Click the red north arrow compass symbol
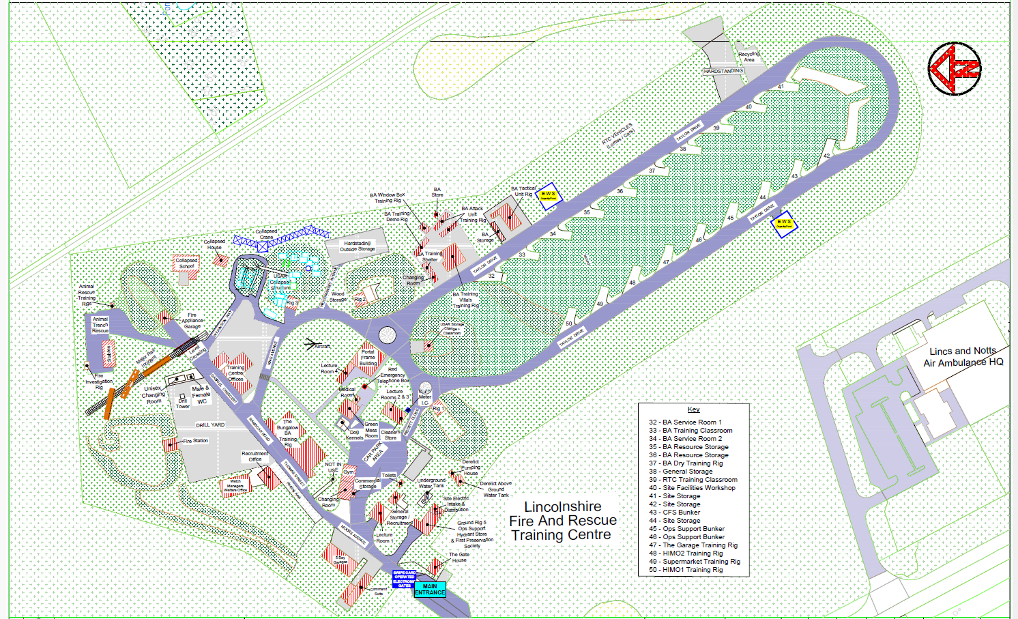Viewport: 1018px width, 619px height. (x=955, y=68)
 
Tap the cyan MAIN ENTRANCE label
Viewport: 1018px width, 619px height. (x=430, y=589)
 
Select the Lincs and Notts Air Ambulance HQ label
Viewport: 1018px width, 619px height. (x=963, y=356)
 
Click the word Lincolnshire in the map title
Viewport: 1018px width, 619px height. (x=563, y=507)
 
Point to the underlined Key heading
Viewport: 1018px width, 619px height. (x=693, y=409)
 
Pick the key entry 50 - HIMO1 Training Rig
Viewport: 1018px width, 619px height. (x=685, y=570)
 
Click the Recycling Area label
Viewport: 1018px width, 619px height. (x=748, y=57)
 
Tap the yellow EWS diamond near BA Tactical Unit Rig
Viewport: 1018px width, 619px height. (x=548, y=195)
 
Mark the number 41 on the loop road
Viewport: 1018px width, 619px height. (x=781, y=87)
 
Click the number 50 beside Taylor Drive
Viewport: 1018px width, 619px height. (x=569, y=323)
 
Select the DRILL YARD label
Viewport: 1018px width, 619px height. (x=210, y=425)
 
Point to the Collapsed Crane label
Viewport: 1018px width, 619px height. (x=266, y=234)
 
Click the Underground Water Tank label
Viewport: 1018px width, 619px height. (x=431, y=483)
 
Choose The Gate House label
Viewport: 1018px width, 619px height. (x=459, y=558)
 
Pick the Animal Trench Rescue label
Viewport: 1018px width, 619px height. (x=100, y=325)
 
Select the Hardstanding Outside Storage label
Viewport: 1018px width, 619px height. (x=358, y=246)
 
